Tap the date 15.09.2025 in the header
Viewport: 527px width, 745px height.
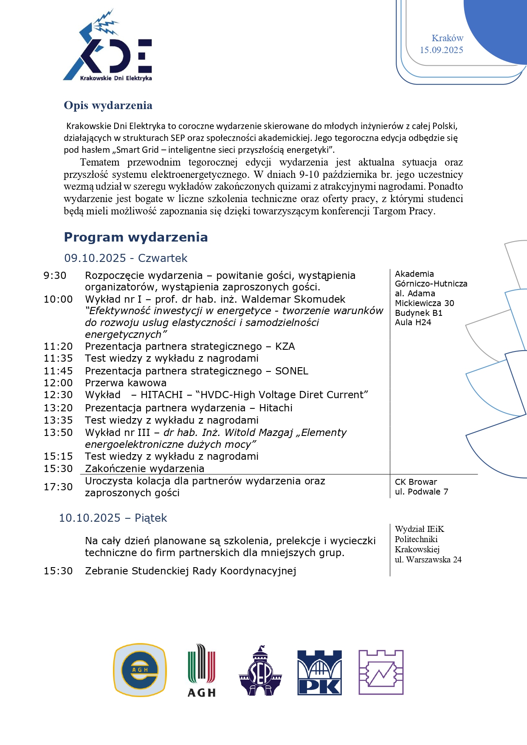[441, 50]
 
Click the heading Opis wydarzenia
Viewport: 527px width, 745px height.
[108, 105]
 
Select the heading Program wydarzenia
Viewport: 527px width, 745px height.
[136, 237]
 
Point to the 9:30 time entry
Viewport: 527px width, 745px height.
[55, 276]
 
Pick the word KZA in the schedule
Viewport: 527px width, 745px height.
[285, 346]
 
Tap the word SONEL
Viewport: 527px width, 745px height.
[292, 371]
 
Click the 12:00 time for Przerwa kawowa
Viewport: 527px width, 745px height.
[58, 383]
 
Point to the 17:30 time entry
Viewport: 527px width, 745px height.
[58, 487]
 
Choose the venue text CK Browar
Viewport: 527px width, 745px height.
[416, 482]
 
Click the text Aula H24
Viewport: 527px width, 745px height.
[413, 323]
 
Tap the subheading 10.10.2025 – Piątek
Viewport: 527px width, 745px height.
[113, 518]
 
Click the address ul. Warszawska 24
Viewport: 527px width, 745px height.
[428, 559]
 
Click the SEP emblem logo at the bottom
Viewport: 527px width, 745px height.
[260, 671]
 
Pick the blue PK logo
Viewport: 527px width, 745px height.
[319, 672]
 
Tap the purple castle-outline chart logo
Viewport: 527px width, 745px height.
[381, 672]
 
